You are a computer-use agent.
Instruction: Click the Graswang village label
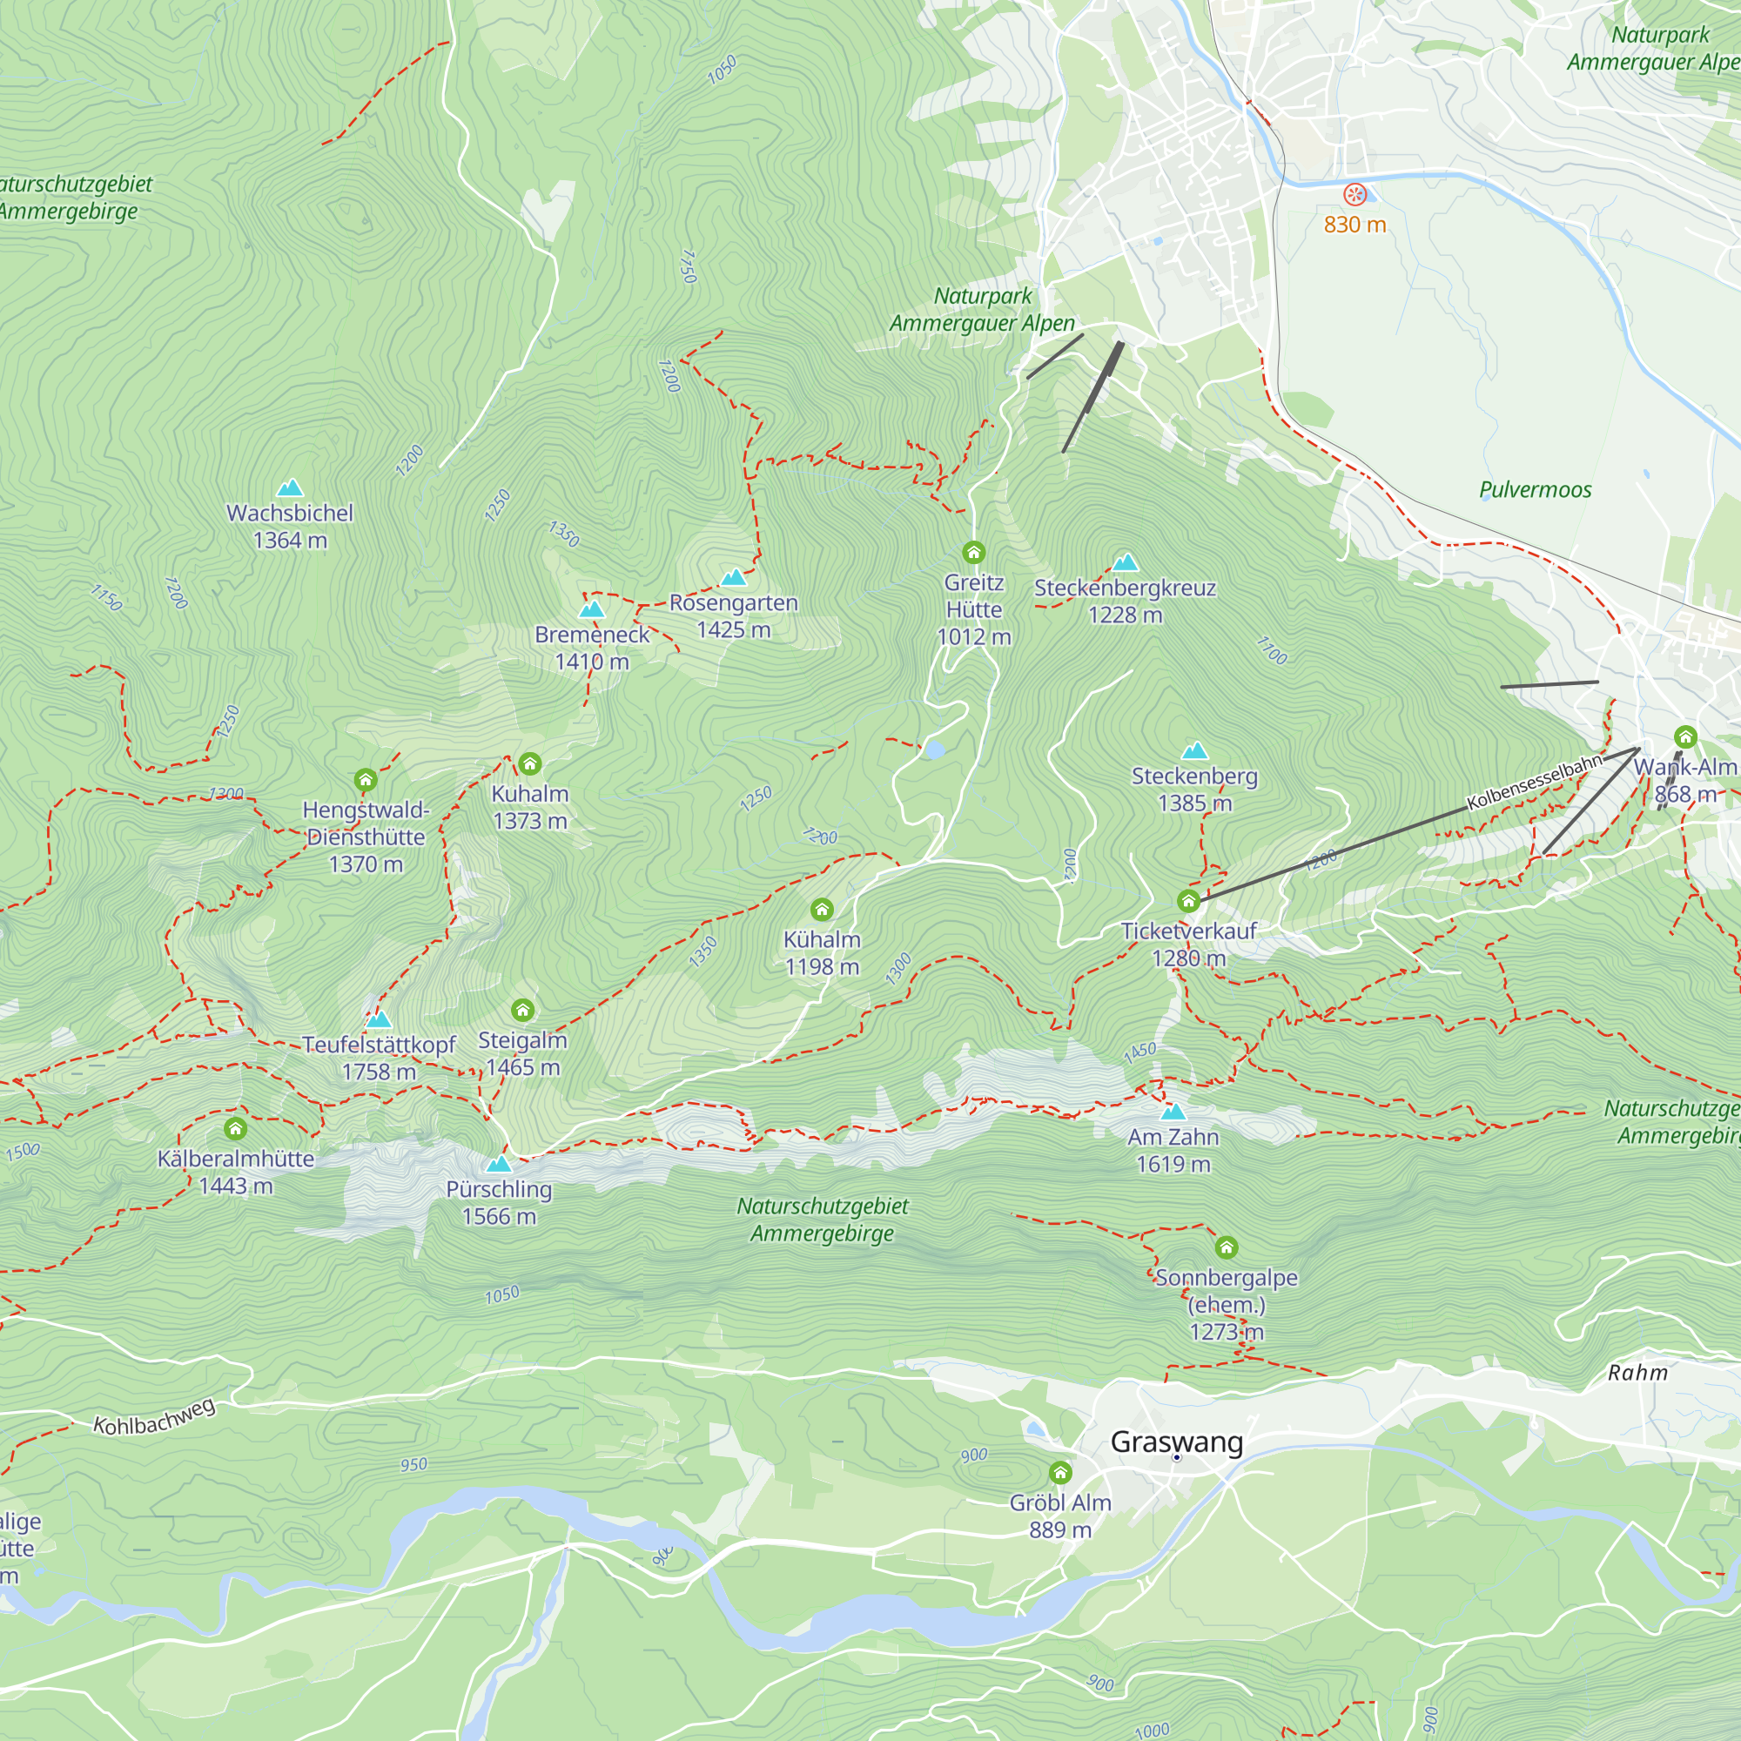click(x=1176, y=1441)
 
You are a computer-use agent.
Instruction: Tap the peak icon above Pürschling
click(x=498, y=1163)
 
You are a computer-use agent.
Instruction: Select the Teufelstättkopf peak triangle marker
click(x=379, y=1019)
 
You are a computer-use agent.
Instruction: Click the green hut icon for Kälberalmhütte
click(x=235, y=1128)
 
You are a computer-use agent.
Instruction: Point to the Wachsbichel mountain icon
click(x=289, y=487)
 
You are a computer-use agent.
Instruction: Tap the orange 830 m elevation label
click(x=1354, y=225)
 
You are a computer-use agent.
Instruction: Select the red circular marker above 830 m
click(x=1354, y=194)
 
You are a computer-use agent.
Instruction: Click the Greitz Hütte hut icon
click(x=973, y=552)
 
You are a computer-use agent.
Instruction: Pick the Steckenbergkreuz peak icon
click(x=1125, y=563)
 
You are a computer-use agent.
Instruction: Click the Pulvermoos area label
click(x=1535, y=489)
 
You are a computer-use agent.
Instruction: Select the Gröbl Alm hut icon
click(x=1059, y=1473)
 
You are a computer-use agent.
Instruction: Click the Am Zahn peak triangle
click(x=1173, y=1111)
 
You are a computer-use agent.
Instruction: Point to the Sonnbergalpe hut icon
click(x=1226, y=1247)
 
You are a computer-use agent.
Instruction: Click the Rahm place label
click(x=1637, y=1373)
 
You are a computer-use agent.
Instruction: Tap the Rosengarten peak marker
click(x=734, y=577)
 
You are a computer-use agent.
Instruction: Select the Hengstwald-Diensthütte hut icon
click(x=365, y=779)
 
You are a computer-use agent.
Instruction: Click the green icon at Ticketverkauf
click(x=1187, y=900)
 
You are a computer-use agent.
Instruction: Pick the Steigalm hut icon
click(x=521, y=1009)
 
